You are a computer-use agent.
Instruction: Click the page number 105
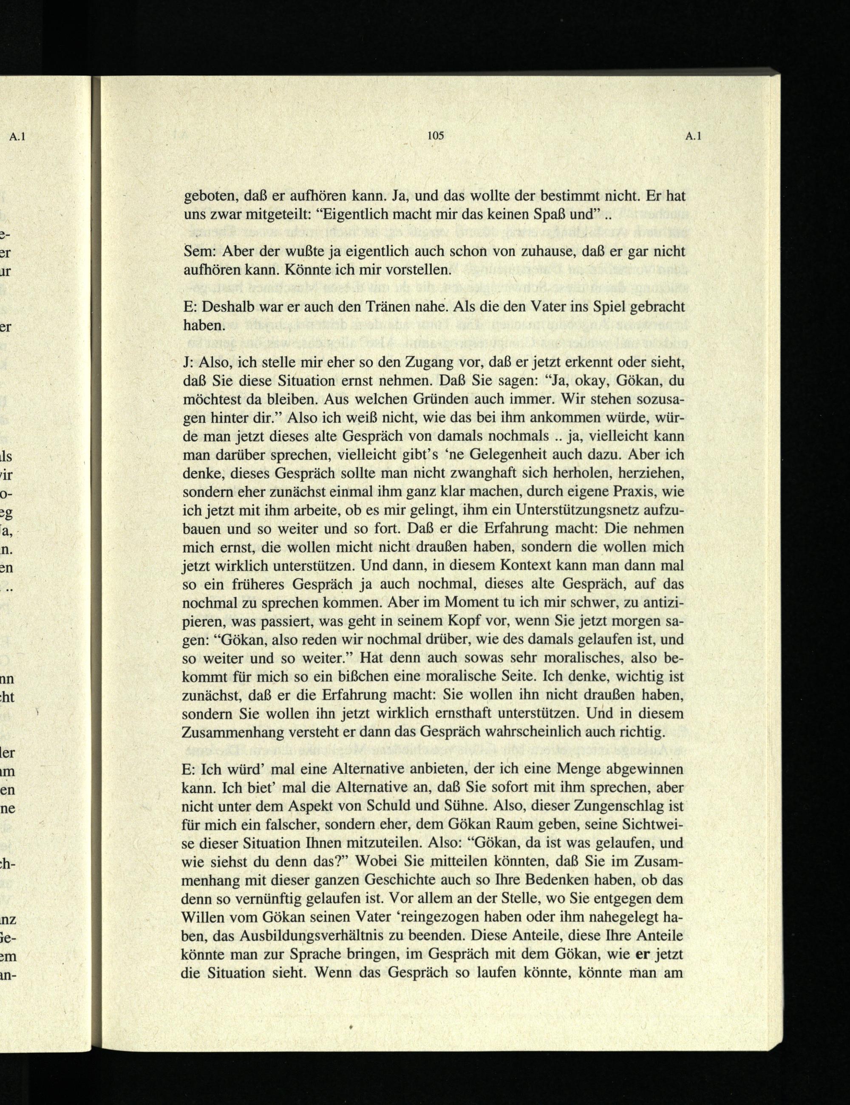pos(435,136)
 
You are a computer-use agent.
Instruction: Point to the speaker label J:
pos(188,362)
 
